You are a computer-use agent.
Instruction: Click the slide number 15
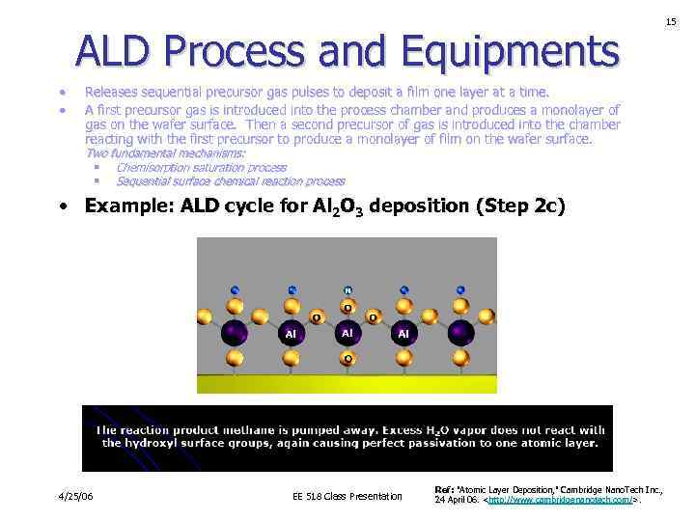click(x=670, y=20)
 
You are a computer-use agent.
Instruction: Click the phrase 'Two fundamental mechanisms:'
click(x=166, y=153)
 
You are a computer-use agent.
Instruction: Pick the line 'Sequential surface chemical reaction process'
click(x=230, y=181)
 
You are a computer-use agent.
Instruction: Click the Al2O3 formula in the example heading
click(x=343, y=206)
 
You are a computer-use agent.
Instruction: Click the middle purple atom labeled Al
click(x=347, y=332)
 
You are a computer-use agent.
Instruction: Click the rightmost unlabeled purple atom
click(x=461, y=334)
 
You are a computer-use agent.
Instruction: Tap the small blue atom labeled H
click(x=348, y=289)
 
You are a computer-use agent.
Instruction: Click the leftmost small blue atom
click(x=235, y=288)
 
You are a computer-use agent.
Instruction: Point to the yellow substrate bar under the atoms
click(x=347, y=383)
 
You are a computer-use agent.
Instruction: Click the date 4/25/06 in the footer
click(x=75, y=497)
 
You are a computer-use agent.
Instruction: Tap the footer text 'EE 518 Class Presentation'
click(x=347, y=497)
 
